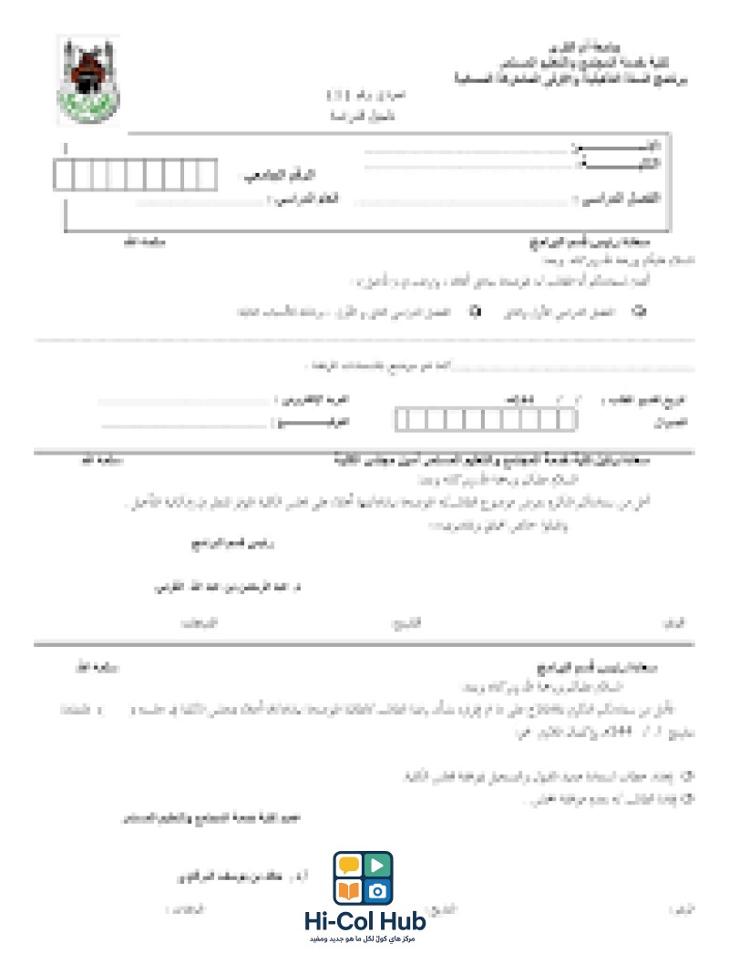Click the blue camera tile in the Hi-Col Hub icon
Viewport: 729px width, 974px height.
378,889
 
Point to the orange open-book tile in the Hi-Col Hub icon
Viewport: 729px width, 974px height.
349,889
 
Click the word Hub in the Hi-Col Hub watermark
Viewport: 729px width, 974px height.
401,921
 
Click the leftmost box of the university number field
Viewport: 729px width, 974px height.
64,174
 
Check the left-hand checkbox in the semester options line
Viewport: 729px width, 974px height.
474,312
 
